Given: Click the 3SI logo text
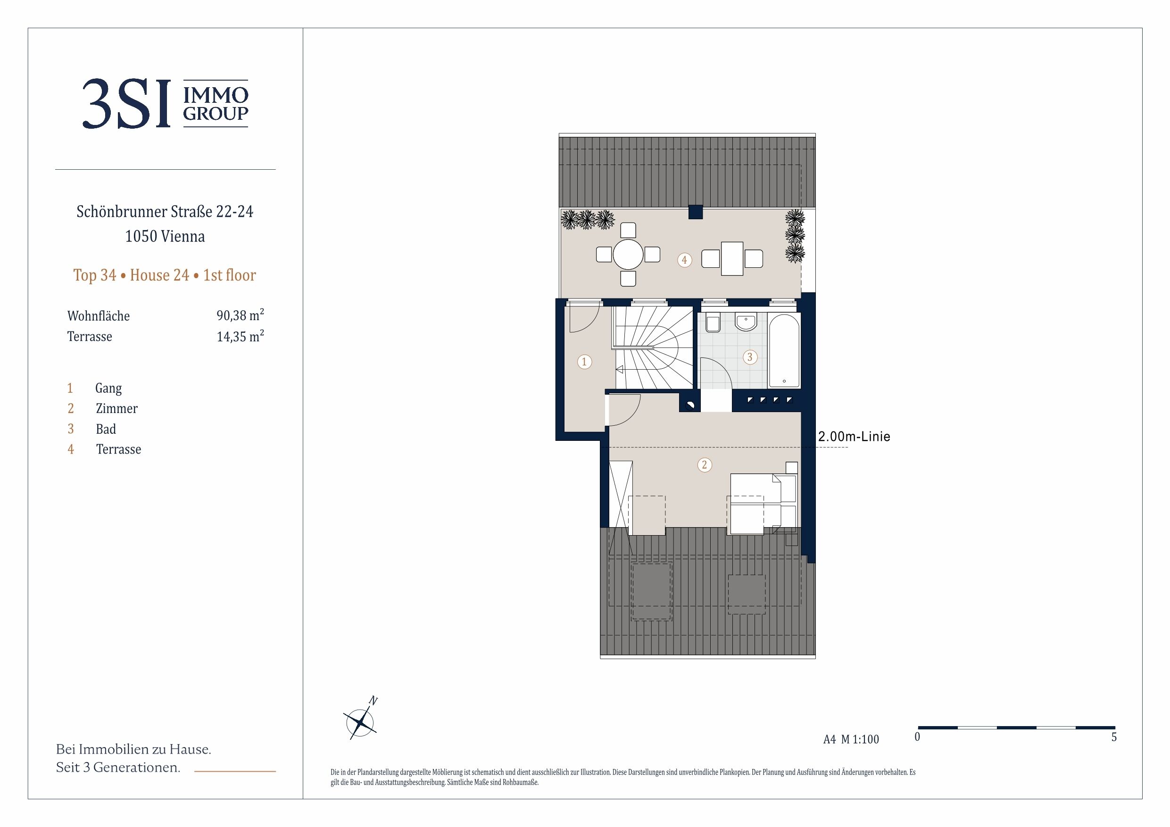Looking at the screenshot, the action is click(126, 103).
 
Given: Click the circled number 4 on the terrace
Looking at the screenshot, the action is click(684, 260).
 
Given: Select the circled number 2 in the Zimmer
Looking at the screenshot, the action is click(704, 465).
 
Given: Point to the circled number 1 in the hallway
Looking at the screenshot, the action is click(584, 362).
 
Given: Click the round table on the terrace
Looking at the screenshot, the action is click(628, 254).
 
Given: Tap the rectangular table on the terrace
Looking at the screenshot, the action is click(732, 259).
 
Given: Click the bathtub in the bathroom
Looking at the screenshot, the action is click(784, 351).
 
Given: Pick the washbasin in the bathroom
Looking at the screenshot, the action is click(746, 321).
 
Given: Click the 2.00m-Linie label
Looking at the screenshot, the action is click(854, 437).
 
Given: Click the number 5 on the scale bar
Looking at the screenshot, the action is click(1114, 737).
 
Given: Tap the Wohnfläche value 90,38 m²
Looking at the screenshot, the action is click(240, 315).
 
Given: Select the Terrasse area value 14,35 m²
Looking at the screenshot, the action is click(240, 336).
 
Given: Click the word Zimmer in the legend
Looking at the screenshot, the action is click(116, 409).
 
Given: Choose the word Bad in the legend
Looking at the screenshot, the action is click(106, 429).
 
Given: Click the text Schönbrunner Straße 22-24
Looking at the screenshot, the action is click(165, 211).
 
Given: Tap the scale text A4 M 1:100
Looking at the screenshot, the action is click(851, 739).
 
